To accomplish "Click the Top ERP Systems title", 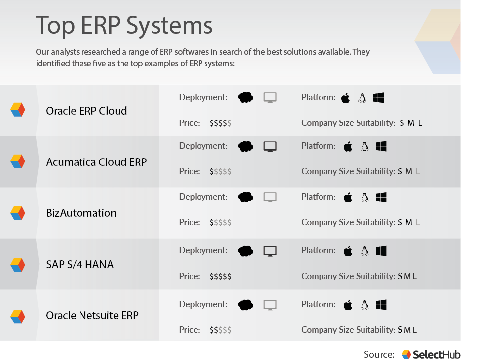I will tap(124, 25).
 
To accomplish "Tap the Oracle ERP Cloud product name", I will tap(86, 111).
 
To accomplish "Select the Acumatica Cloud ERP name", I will tap(96, 162).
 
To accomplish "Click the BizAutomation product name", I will tap(81, 213).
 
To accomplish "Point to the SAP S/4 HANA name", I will tap(80, 264).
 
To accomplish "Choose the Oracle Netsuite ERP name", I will tap(92, 315).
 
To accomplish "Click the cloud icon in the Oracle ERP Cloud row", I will tap(245, 97).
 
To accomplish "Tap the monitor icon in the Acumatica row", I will tap(270, 146).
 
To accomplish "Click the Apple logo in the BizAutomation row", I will tap(348, 198).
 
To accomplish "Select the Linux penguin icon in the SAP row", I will tap(364, 251).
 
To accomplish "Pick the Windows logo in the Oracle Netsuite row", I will tap(381, 305).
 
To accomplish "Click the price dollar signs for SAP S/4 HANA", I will tap(220, 277).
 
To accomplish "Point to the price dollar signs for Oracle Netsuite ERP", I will tap(220, 330).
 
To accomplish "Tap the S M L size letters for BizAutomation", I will tap(409, 223).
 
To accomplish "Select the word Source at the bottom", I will tap(379, 354).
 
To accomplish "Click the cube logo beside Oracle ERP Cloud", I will tap(18, 110).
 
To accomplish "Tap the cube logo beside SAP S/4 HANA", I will tap(18, 265).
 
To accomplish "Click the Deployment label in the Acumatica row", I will tap(203, 146).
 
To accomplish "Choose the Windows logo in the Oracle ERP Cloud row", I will tap(379, 98).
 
